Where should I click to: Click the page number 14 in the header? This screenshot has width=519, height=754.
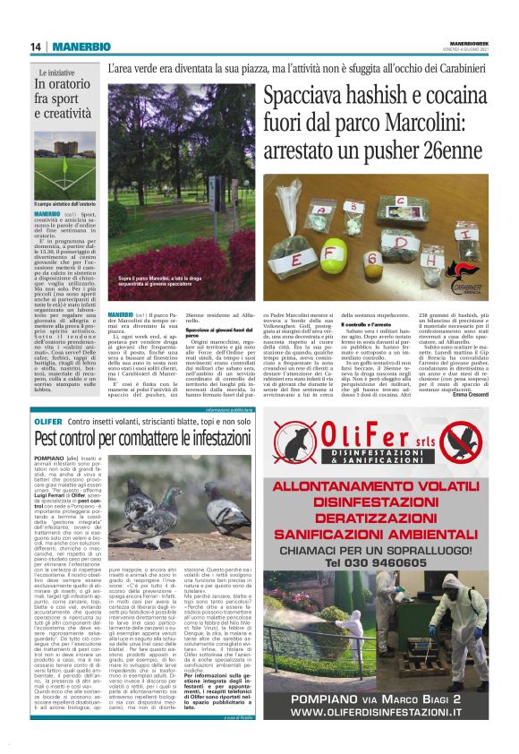[35, 47]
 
